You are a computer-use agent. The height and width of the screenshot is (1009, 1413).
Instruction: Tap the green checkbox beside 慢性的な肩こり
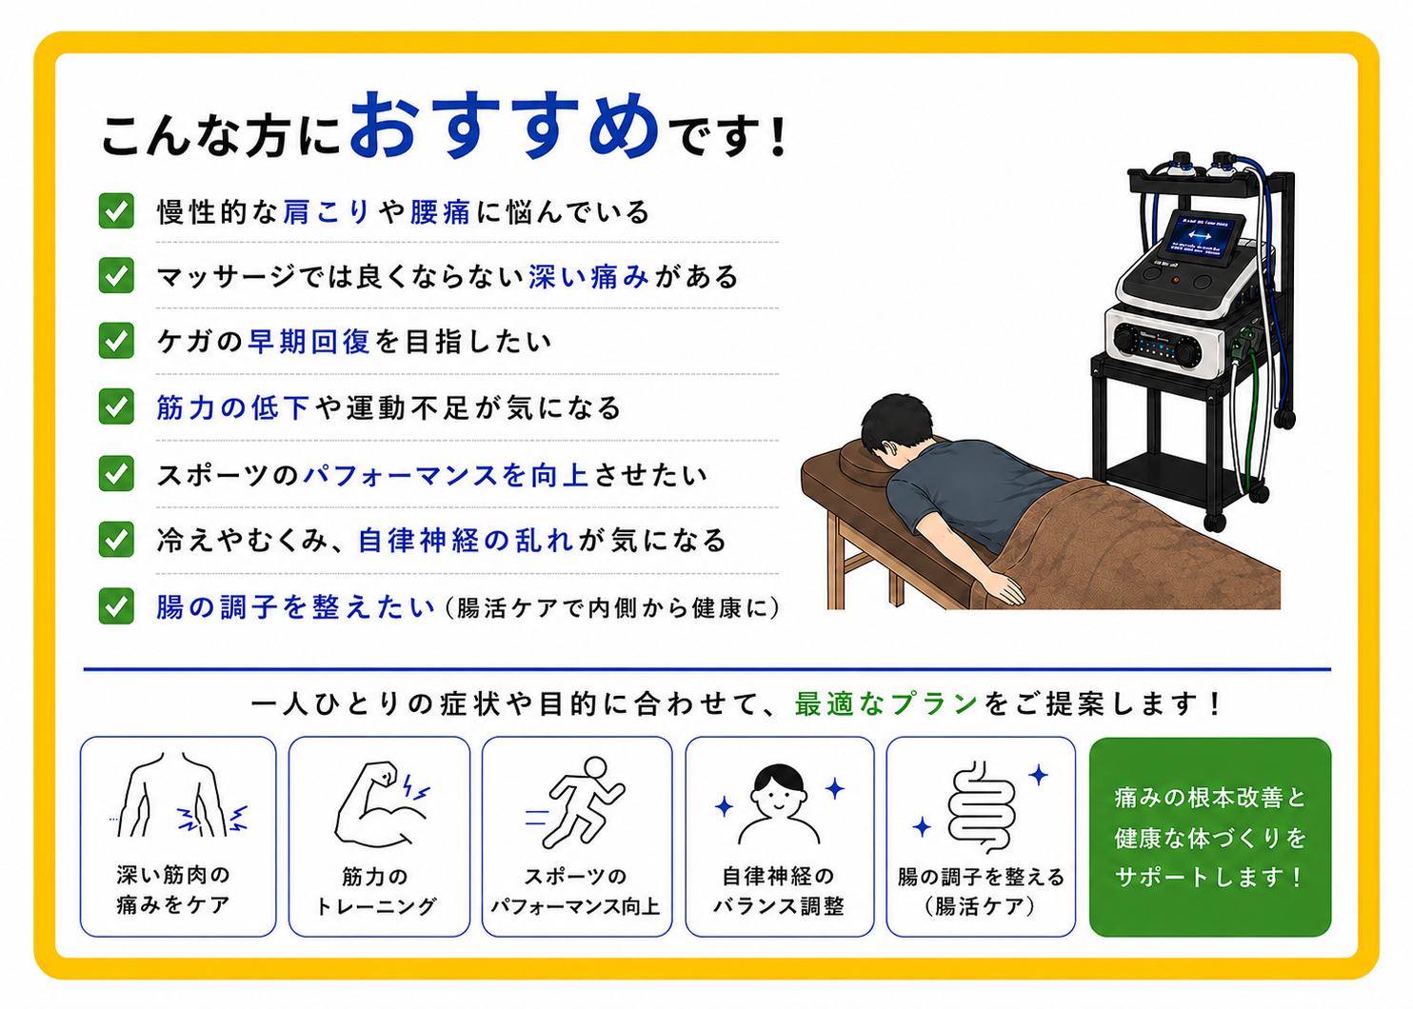point(116,210)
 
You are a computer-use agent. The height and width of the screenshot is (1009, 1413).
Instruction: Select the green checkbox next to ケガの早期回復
point(116,341)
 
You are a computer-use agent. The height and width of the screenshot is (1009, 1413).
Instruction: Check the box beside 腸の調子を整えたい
point(116,606)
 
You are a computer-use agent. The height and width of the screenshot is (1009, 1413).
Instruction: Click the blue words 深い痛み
point(589,276)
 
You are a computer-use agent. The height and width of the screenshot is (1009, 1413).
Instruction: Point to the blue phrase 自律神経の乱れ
point(466,541)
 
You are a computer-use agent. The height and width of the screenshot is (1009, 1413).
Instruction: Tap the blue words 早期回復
point(308,341)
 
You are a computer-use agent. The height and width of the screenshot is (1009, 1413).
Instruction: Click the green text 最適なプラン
point(886,703)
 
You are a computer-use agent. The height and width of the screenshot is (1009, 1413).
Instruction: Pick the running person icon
point(575,802)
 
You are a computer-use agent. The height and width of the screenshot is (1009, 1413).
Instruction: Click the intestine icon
point(981,807)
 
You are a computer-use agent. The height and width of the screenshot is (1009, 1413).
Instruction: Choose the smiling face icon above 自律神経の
point(779,804)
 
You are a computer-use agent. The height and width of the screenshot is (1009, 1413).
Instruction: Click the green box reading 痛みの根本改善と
point(1210,837)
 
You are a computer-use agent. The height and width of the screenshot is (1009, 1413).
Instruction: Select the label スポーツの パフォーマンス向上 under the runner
point(575,891)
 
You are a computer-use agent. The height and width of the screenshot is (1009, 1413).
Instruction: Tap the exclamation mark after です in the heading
point(778,136)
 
